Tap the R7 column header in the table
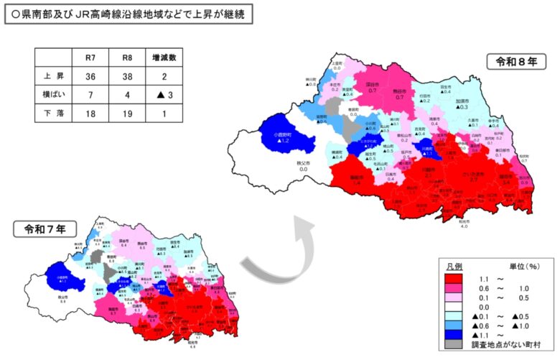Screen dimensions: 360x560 90,57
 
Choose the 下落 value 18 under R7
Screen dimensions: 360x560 90,113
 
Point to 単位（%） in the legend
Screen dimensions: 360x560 526,265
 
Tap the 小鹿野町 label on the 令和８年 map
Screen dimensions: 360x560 285,134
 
